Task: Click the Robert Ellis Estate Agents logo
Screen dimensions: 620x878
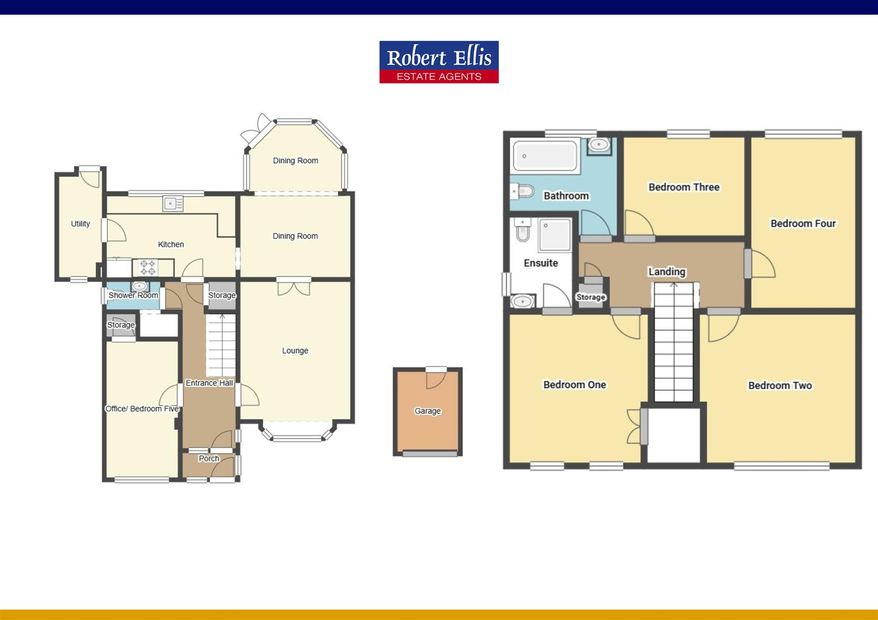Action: coord(439,62)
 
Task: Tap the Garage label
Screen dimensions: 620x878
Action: coord(428,411)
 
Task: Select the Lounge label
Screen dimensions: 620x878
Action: coord(295,351)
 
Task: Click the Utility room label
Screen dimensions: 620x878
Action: coord(80,224)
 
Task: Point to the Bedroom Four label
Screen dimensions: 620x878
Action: coord(803,224)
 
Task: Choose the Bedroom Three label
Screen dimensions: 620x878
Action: coord(684,187)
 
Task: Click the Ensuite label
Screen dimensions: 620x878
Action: coord(541,263)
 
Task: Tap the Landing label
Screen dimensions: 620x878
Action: coord(667,272)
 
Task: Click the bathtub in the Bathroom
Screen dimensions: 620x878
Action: coord(545,156)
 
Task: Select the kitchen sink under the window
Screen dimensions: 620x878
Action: coord(172,204)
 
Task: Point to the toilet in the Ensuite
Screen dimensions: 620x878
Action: coord(523,230)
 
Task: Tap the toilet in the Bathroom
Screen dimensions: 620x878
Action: coord(522,191)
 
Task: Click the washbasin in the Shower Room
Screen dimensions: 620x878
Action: coord(139,286)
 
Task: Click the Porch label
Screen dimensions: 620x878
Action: coord(209,459)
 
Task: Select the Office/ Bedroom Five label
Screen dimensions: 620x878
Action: coord(142,409)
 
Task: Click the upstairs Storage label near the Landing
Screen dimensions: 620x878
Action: coord(591,297)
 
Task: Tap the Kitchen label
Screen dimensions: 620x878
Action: coord(171,245)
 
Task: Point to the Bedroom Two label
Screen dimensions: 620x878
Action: coord(780,386)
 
